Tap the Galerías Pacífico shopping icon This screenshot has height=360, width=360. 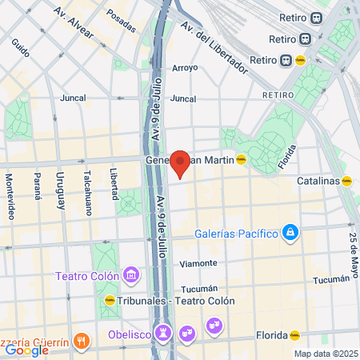pyautogui.click(x=290, y=234)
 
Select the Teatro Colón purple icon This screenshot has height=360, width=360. pyautogui.click(x=132, y=276)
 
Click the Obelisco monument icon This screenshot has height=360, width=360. pyautogui.click(x=165, y=331)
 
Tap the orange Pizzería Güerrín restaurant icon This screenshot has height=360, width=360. pyautogui.click(x=80, y=342)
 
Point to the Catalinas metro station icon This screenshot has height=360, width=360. pyautogui.click(x=346, y=181)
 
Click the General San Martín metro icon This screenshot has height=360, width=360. pyautogui.click(x=241, y=160)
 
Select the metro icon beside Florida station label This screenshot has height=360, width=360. pyautogui.click(x=295, y=336)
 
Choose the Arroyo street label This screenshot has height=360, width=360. pyautogui.click(x=184, y=68)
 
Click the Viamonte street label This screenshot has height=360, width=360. pyautogui.click(x=198, y=262)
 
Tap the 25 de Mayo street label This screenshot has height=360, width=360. pyautogui.click(x=352, y=247)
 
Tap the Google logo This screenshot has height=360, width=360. pyautogui.click(x=27, y=349)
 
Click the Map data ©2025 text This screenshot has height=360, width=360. pyautogui.click(x=324, y=354)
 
